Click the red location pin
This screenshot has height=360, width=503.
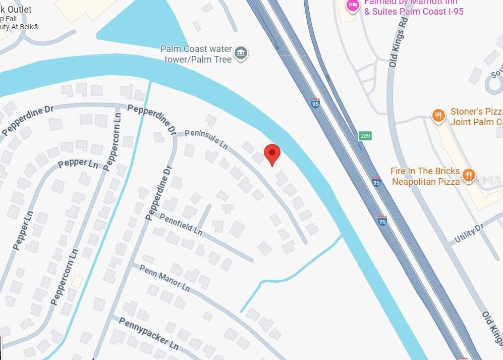pos(272,153)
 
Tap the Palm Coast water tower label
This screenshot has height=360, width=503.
pos(196,54)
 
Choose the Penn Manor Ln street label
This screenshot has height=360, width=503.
pos(164,278)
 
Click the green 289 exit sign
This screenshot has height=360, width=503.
pos(365,136)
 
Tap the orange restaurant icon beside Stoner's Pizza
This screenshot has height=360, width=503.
pos(438,115)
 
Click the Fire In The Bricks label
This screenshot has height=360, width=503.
pos(425,171)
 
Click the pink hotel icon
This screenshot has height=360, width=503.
pos(351,5)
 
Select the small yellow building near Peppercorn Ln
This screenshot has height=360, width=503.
pos(77,281)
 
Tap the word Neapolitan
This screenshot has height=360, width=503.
pos(419,181)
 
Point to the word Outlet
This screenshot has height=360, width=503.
pos(18,9)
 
